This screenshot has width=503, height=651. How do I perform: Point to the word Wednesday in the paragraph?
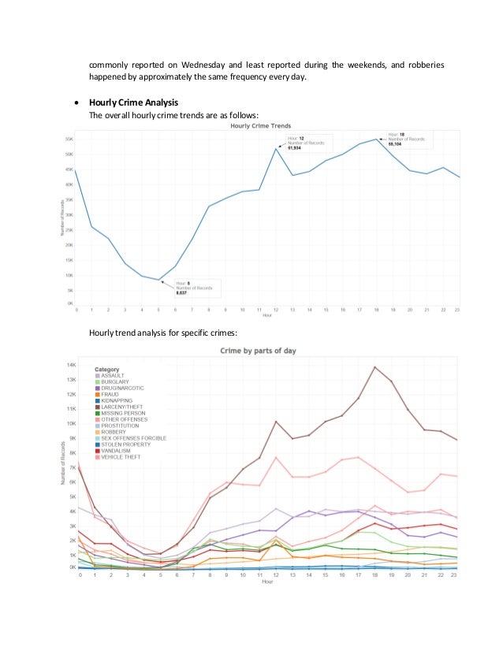(204, 65)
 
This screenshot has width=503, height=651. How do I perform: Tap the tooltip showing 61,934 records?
(308, 142)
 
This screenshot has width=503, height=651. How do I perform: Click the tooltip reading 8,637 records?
(197, 288)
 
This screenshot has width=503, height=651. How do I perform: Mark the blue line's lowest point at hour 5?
(159, 280)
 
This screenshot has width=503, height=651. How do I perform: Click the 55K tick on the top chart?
(68, 139)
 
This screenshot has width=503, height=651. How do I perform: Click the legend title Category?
(106, 369)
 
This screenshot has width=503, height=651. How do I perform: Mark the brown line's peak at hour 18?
(374, 366)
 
